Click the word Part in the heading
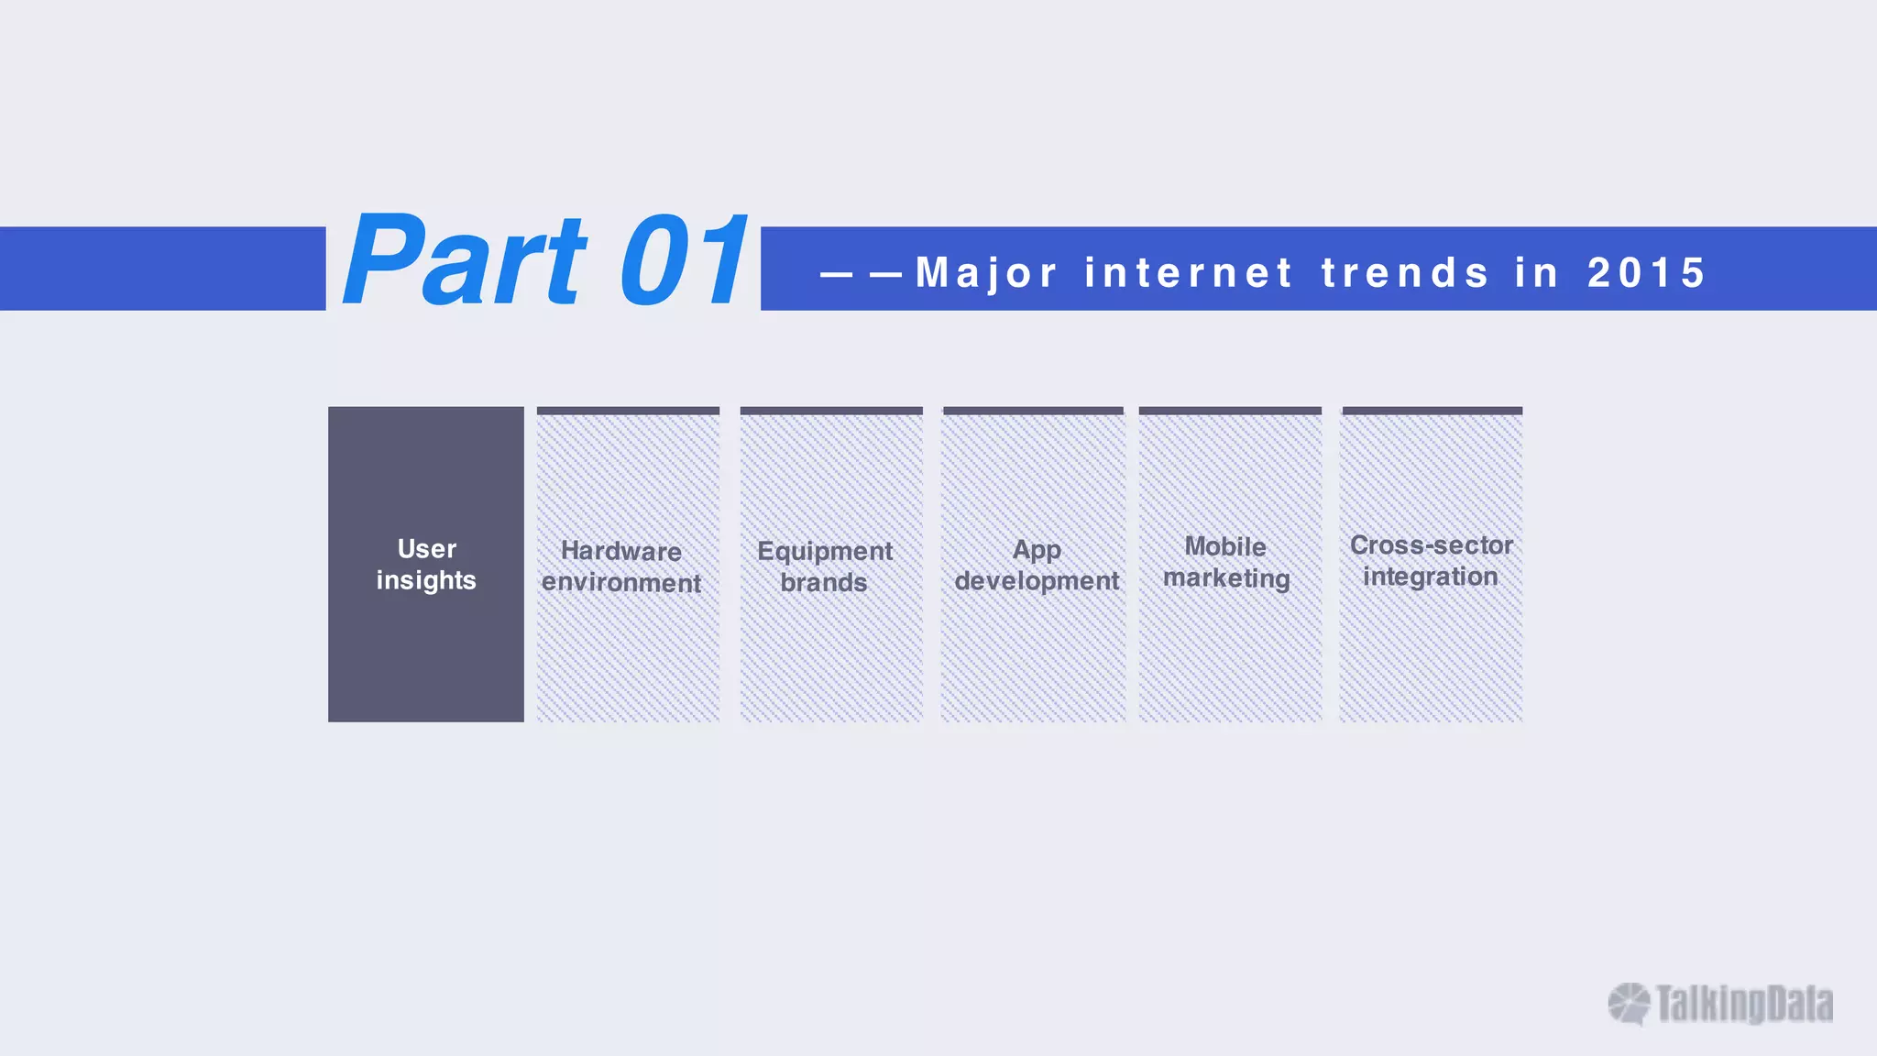(x=463, y=260)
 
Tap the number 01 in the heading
(x=683, y=260)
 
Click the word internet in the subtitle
(x=1189, y=273)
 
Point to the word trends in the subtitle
(x=1405, y=273)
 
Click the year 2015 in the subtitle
(x=1646, y=273)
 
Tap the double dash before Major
(x=862, y=273)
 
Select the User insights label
(x=426, y=565)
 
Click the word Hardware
(x=621, y=551)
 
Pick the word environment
(x=621, y=583)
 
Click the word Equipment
(x=825, y=551)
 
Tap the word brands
(x=824, y=583)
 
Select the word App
(x=1037, y=550)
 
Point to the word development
(x=1037, y=581)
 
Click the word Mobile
(x=1225, y=546)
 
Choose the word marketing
(x=1226, y=578)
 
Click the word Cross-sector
(x=1431, y=545)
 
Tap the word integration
(x=1430, y=577)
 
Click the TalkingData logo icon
(x=1629, y=1004)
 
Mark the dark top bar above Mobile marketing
(x=1230, y=411)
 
